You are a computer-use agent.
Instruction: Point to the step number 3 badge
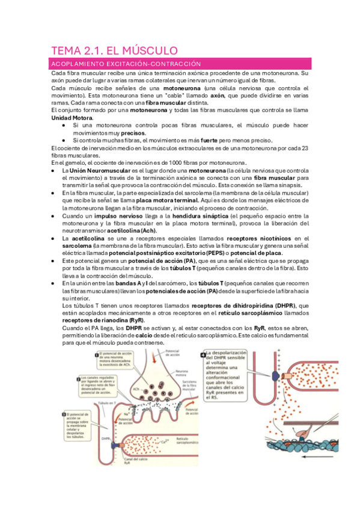click(x=64, y=415)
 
